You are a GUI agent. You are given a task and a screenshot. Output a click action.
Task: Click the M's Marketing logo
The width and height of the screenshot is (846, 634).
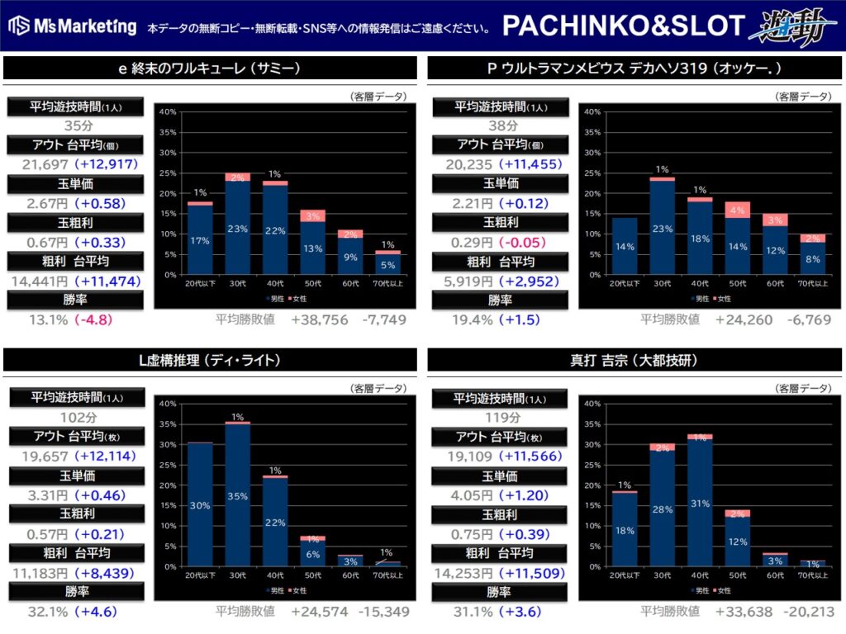coord(73,26)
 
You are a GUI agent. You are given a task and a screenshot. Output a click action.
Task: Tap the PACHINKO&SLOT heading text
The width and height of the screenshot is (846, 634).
coord(624,26)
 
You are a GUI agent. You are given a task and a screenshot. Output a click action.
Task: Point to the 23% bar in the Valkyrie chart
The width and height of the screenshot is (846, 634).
coord(238,229)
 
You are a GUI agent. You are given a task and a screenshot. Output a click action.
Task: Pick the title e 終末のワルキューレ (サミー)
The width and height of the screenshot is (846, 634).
coord(208,69)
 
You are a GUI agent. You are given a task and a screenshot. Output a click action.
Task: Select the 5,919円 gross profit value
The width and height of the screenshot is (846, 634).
coord(468,282)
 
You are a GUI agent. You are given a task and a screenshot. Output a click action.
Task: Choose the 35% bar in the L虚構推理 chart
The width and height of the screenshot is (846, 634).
coord(238,495)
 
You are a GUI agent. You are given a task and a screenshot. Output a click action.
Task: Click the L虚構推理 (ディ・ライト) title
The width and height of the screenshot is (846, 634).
coord(209,360)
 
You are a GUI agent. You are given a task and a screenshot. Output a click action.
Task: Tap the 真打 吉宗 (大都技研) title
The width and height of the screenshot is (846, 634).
coord(633,360)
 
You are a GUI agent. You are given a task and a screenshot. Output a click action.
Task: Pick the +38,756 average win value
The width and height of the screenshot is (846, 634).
coord(320,319)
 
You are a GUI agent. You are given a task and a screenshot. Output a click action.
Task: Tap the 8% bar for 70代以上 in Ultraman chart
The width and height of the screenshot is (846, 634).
coord(813,259)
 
